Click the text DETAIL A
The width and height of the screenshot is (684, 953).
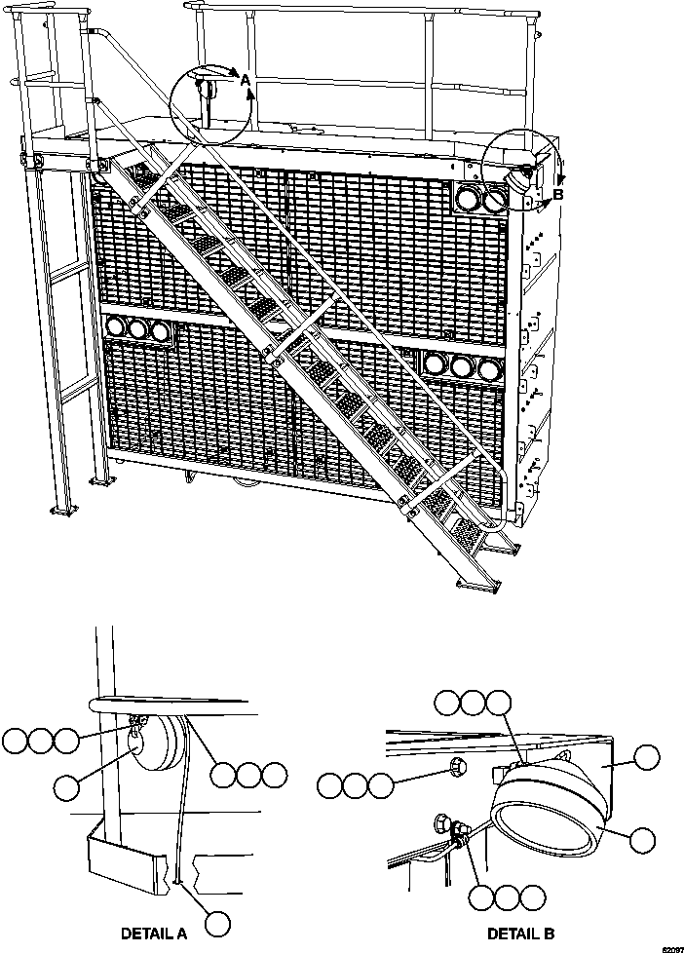point(154,933)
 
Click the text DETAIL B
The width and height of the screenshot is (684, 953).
point(520,933)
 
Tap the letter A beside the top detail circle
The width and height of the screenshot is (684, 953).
point(246,79)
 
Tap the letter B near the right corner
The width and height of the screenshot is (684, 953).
point(557,195)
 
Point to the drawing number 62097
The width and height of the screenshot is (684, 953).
point(670,947)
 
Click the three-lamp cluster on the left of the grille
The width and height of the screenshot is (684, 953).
point(137,329)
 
